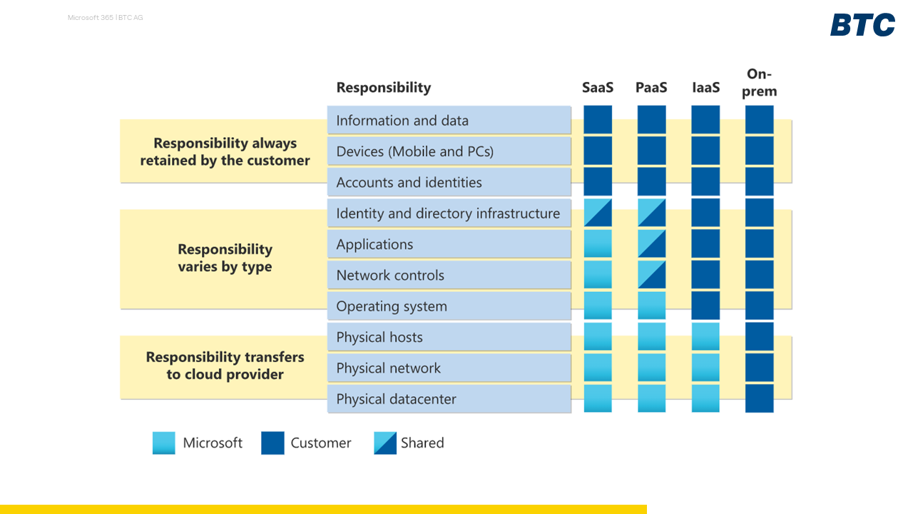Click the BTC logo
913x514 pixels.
click(x=862, y=24)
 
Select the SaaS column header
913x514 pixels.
click(x=598, y=87)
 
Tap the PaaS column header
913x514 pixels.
click(x=651, y=87)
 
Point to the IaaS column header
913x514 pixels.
click(x=706, y=87)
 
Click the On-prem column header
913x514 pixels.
click(x=760, y=82)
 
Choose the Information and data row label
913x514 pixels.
click(x=402, y=121)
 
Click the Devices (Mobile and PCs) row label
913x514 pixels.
click(x=415, y=151)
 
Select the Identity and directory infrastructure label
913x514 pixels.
click(x=448, y=213)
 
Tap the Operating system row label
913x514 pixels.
click(x=392, y=306)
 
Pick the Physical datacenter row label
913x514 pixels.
click(x=396, y=399)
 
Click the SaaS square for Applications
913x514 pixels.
click(x=598, y=243)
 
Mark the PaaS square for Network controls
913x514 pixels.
click(x=651, y=275)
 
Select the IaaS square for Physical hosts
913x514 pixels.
click(x=705, y=336)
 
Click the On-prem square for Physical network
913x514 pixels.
click(x=760, y=368)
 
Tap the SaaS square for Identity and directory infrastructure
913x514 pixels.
click(x=598, y=213)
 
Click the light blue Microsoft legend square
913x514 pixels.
click(x=164, y=443)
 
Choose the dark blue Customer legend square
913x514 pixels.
click(x=272, y=443)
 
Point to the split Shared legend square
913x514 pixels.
click(x=385, y=443)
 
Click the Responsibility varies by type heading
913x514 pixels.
click(x=225, y=258)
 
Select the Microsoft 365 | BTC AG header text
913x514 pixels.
click(x=105, y=18)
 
